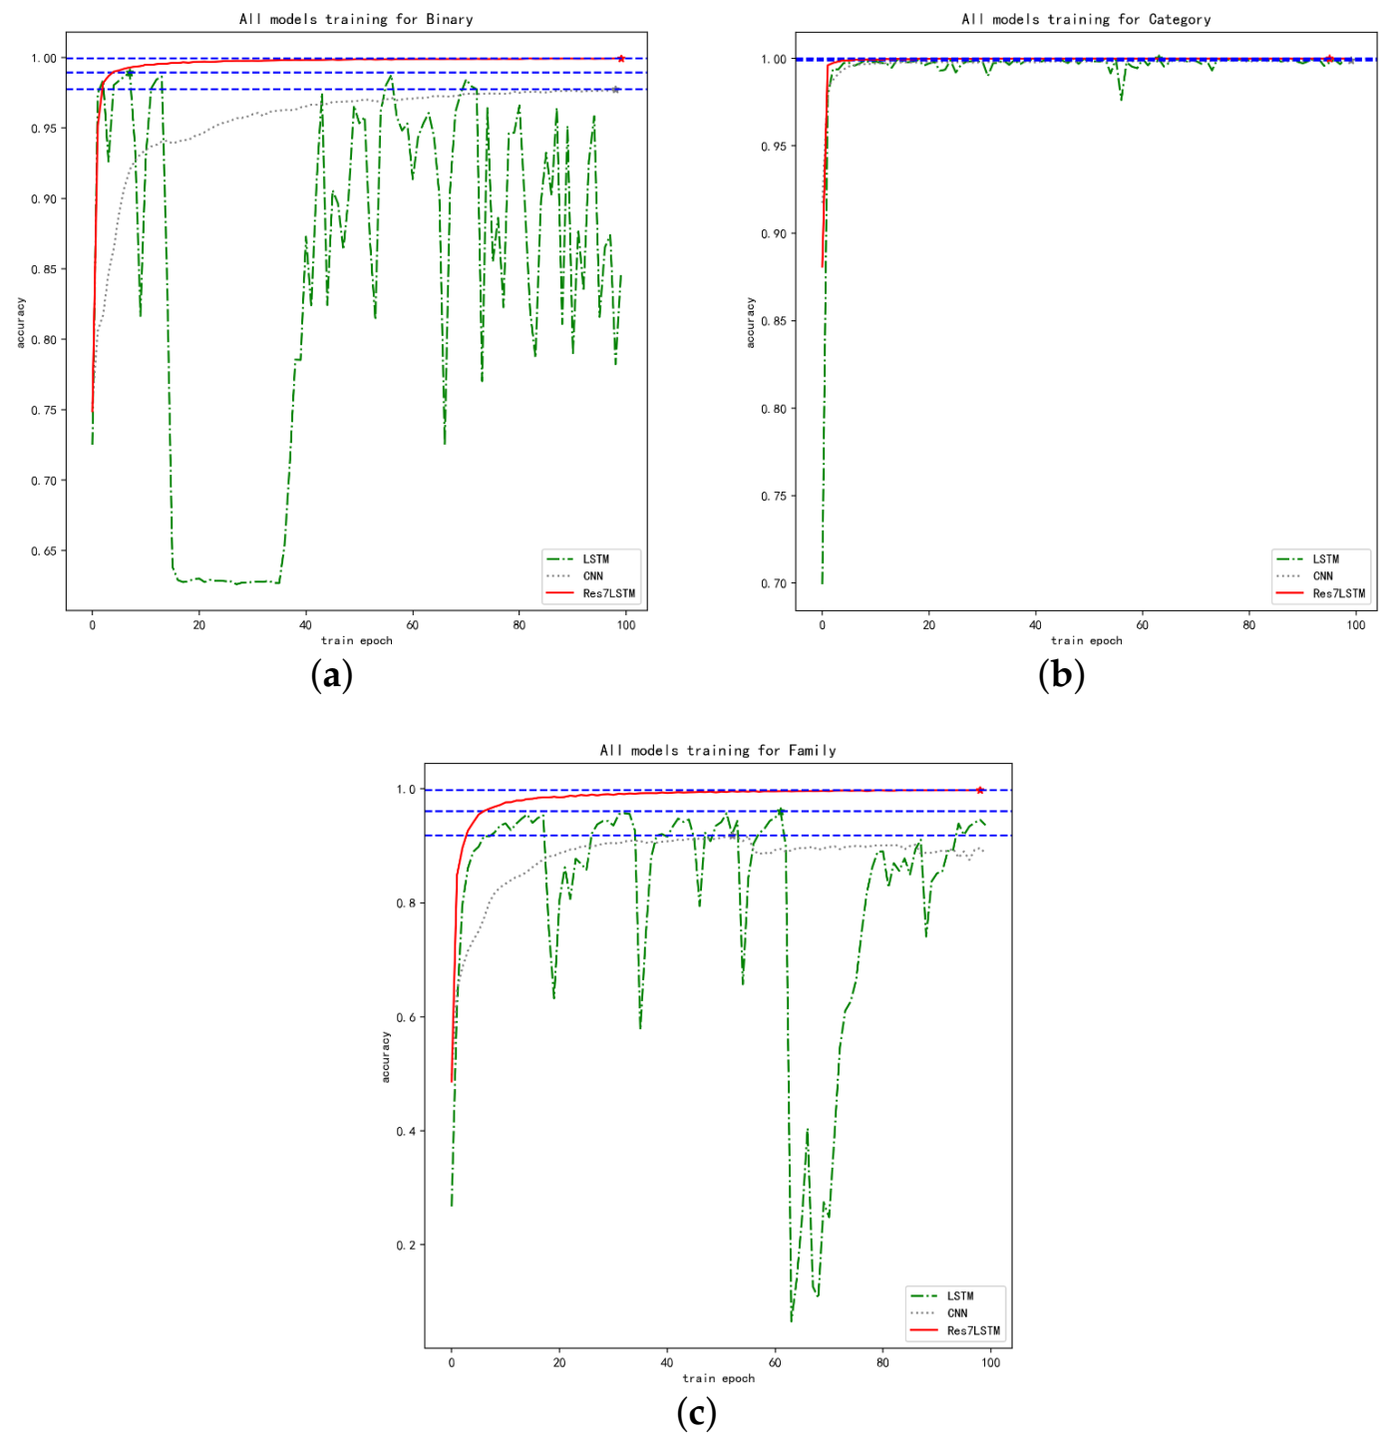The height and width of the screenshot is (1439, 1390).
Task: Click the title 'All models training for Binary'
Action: pyautogui.click(x=356, y=19)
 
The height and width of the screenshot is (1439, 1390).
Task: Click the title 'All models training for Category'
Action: pyautogui.click(x=1086, y=19)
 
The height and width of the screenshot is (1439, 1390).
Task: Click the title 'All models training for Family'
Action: pyautogui.click(x=718, y=750)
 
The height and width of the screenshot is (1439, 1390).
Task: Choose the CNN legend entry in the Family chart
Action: pyautogui.click(x=957, y=1313)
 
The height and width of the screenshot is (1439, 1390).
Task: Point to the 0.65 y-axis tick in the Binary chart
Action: pyautogui.click(x=44, y=551)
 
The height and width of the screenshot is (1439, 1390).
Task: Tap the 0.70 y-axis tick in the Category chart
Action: pyautogui.click(x=774, y=583)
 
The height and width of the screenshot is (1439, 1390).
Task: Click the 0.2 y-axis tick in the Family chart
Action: pyautogui.click(x=406, y=1246)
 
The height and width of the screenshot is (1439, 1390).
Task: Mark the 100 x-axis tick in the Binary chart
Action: pyautogui.click(x=626, y=625)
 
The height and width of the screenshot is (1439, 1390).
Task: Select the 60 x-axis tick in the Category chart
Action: pyautogui.click(x=1143, y=625)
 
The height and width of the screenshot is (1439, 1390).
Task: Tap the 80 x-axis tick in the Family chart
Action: pyautogui.click(x=882, y=1363)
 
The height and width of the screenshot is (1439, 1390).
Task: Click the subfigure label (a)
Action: pyautogui.click(x=332, y=676)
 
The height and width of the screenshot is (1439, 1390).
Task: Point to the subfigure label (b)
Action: pyautogui.click(x=1061, y=676)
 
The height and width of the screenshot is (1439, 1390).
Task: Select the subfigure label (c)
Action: pyautogui.click(x=696, y=1413)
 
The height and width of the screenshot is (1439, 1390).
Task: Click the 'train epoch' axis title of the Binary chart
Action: pyautogui.click(x=356, y=641)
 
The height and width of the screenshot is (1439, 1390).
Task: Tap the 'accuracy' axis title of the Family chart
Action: pyautogui.click(x=386, y=1057)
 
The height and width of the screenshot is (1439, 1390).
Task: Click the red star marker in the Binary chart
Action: pyautogui.click(x=621, y=59)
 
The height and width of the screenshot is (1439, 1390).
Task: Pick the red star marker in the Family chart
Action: pyautogui.click(x=980, y=790)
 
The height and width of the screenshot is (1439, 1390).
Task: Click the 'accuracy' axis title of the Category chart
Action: pyautogui.click(x=751, y=323)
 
